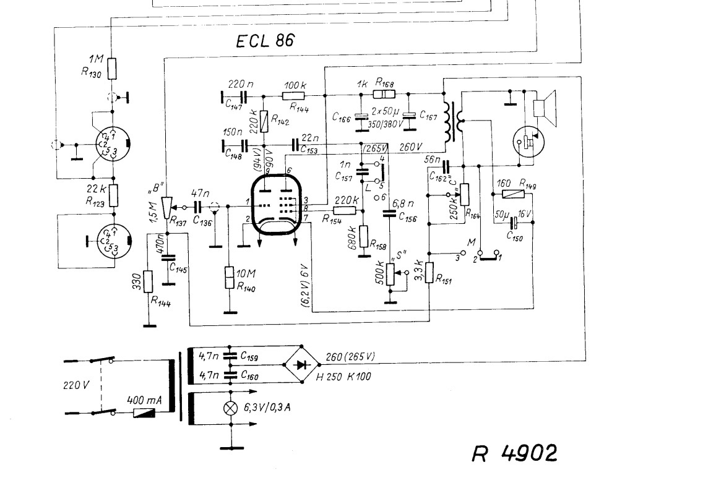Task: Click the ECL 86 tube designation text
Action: point(265,42)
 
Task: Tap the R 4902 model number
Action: point(514,453)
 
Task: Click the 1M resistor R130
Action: point(112,68)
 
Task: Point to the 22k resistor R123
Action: point(113,195)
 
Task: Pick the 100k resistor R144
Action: point(293,96)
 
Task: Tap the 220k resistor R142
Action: point(264,120)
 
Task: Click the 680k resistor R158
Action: point(363,236)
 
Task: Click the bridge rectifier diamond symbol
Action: point(302,364)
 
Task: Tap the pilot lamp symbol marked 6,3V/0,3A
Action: point(230,408)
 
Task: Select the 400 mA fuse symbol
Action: point(145,412)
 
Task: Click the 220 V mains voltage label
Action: point(77,385)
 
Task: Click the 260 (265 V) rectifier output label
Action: point(350,357)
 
